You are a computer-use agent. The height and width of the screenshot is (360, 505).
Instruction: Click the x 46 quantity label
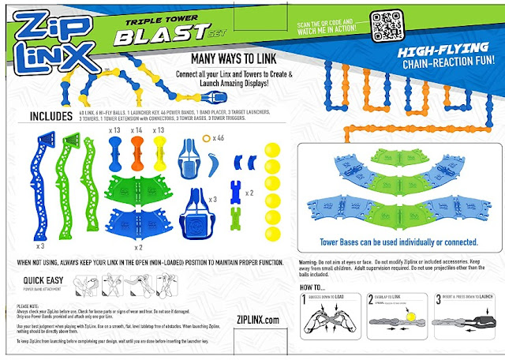tap(220, 137)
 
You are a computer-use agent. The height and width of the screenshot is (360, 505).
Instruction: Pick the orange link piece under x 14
tap(137, 150)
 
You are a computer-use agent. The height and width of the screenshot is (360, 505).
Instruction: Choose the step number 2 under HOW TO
tap(371, 300)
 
